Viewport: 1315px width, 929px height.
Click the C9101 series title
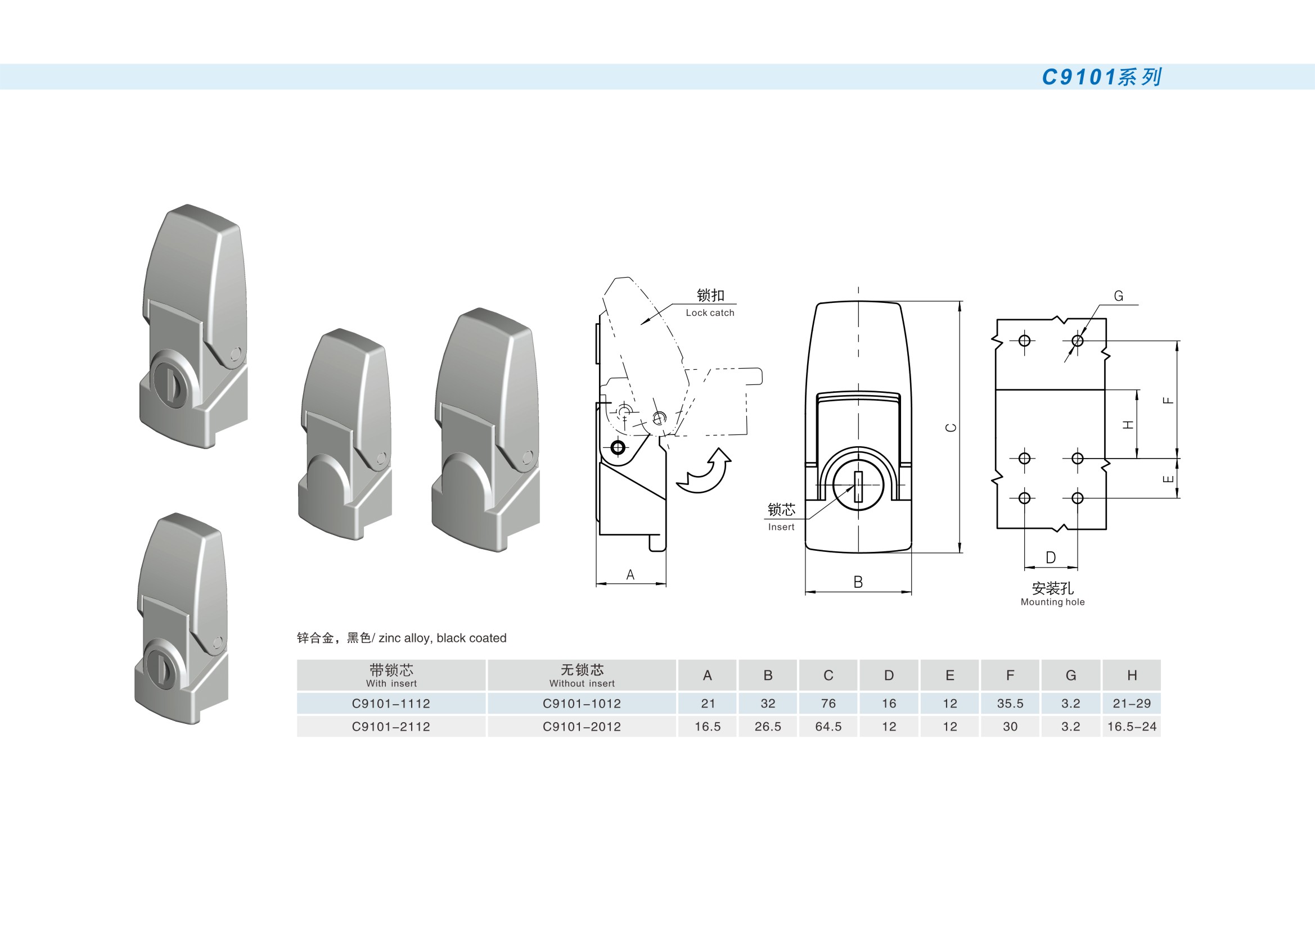[1101, 76]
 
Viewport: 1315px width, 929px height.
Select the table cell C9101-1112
[391, 704]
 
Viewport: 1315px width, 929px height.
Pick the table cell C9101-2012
[582, 726]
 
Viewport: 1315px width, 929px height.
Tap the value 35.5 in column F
[1010, 704]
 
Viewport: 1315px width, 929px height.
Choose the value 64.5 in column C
[828, 726]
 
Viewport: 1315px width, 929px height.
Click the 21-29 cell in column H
[1132, 704]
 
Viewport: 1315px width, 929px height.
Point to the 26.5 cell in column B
[768, 726]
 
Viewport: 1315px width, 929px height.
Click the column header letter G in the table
[1070, 676]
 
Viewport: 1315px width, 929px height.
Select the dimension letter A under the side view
[631, 575]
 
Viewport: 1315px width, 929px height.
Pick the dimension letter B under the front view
[858, 582]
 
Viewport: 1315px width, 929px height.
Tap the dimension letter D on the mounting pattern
[1051, 558]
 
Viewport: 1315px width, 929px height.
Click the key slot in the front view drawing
[858, 487]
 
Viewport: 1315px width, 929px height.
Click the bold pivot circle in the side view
[618, 447]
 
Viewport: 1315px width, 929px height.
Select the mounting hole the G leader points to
[1077, 341]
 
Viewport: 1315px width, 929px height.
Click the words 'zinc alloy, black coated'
[443, 638]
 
